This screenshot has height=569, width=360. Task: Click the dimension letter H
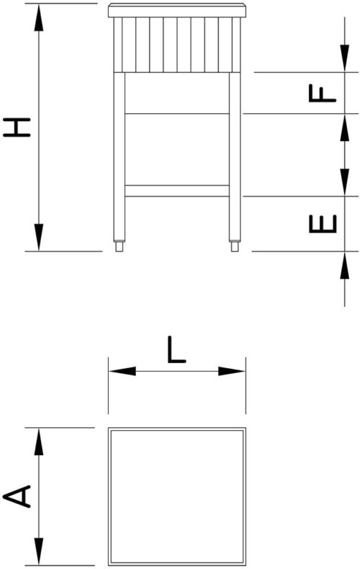[17, 127]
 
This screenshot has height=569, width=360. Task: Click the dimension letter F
[323, 93]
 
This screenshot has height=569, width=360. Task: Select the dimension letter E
[323, 224]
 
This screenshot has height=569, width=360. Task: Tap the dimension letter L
[176, 350]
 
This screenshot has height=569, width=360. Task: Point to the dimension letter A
[17, 496]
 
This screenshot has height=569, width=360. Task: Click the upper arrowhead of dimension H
[38, 17]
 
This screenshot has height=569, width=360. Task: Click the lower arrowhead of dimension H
[38, 237]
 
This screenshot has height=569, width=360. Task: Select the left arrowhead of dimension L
[122, 371]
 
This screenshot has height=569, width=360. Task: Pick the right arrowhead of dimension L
[232, 371]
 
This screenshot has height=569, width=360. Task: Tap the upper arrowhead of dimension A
[38, 442]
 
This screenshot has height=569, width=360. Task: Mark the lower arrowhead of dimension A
[38, 551]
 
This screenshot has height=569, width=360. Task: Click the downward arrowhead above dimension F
[344, 58]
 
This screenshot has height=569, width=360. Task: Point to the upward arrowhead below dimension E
[344, 265]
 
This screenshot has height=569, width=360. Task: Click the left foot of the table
[119, 246]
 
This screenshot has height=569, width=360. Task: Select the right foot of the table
[235, 246]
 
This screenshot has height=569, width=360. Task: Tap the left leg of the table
[119, 156]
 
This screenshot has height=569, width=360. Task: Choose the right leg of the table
[235, 156]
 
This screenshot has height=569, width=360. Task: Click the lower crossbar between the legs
[177, 191]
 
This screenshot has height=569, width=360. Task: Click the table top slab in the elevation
[177, 11]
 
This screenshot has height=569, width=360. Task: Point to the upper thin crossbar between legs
[177, 114]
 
